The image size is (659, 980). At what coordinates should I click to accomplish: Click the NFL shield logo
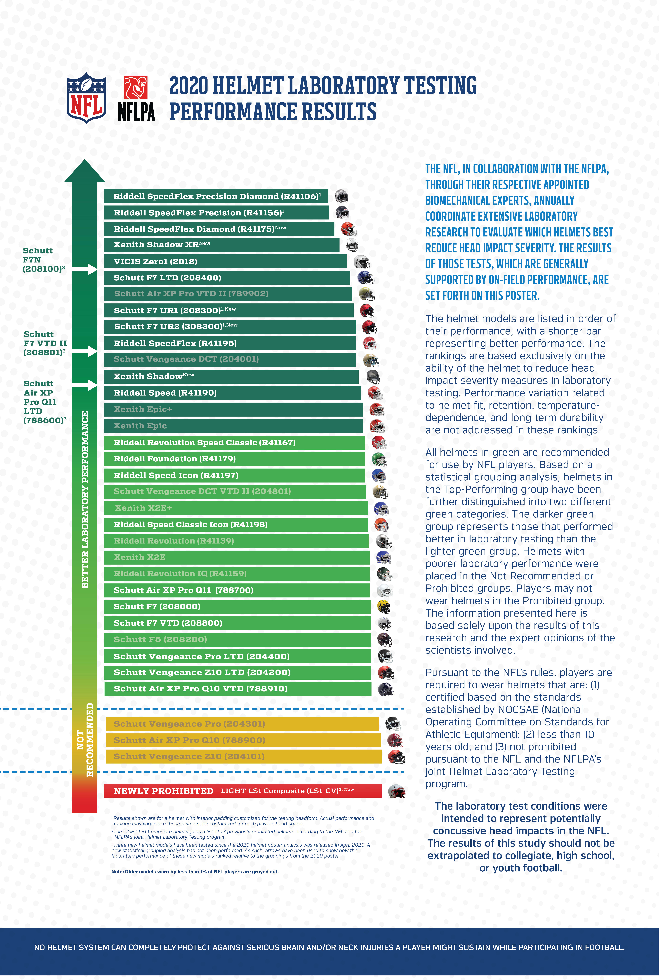pos(86,98)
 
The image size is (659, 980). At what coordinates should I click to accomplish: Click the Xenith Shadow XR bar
pos(221,245)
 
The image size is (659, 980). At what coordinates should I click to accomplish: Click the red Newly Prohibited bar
pos(242,791)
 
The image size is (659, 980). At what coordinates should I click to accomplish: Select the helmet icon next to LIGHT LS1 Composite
pos(396,791)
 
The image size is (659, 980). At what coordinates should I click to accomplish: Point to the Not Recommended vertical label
pos(85,740)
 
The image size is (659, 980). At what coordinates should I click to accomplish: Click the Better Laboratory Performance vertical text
pos(85,500)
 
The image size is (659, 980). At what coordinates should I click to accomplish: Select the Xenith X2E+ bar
pos(236,508)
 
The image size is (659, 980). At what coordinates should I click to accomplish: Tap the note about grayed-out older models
pos(195,871)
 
